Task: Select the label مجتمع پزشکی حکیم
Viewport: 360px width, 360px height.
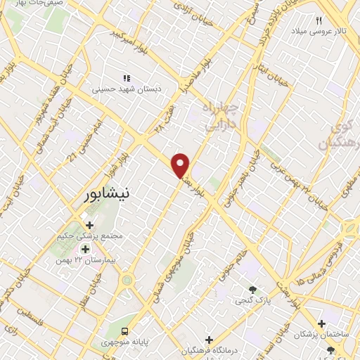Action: point(91,236)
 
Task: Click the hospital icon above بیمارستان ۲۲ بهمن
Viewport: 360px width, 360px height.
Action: point(86,249)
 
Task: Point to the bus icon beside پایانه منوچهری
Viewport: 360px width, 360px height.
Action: point(124,331)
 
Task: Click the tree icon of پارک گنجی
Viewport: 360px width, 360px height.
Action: point(252,290)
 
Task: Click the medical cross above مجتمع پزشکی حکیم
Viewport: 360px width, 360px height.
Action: point(91,226)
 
